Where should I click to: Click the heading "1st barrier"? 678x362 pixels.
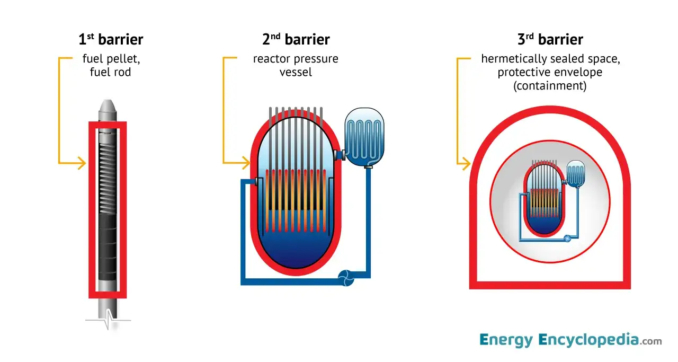coord(111,39)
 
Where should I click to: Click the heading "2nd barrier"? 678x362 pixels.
coord(296,39)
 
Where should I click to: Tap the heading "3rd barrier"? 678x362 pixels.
coord(550,39)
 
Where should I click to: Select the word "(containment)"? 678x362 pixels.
coord(550,86)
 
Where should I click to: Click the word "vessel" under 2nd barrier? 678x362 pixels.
coord(296,73)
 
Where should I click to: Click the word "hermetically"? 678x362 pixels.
coord(511,59)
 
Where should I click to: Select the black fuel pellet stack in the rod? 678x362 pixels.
coord(108,247)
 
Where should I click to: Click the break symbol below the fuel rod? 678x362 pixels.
coord(109,320)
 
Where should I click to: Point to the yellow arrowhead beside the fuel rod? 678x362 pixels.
coord(82,163)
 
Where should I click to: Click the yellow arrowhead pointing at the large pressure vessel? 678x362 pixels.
coord(246,163)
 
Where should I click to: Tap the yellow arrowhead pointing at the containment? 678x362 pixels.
coord(466,164)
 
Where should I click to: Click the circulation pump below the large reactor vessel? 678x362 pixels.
coord(346,278)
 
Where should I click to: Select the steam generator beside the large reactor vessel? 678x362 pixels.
coord(364,137)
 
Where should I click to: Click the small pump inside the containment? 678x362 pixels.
coord(567,239)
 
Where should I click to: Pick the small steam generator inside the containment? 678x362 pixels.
coord(575,174)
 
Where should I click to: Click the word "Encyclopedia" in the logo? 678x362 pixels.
coord(588,340)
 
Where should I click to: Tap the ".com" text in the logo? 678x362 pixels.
coord(651,341)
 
